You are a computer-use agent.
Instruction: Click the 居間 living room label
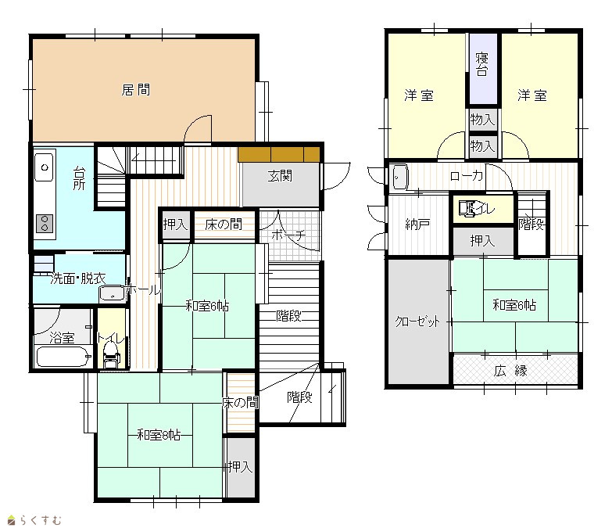pyautogui.click(x=136, y=90)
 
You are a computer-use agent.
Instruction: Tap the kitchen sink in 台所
pyautogui.click(x=44, y=167)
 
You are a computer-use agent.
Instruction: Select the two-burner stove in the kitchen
pyautogui.click(x=44, y=224)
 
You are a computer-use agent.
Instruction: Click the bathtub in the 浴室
pyautogui.click(x=63, y=357)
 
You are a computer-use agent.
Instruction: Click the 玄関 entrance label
pyautogui.click(x=280, y=176)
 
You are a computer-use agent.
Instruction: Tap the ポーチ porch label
pyautogui.click(x=288, y=235)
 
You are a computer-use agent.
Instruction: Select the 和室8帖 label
pyautogui.click(x=159, y=435)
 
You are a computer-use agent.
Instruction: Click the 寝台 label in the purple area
pyautogui.click(x=482, y=64)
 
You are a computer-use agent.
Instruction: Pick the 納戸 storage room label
pyautogui.click(x=417, y=224)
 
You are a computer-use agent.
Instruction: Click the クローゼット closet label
pyautogui.click(x=417, y=321)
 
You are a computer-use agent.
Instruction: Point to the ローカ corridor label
pyautogui.click(x=467, y=176)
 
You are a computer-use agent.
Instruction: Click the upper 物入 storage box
pyautogui.click(x=483, y=120)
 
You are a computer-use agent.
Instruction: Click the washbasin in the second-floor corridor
pyautogui.click(x=400, y=177)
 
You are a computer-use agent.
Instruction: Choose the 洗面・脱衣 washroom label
pyautogui.click(x=78, y=278)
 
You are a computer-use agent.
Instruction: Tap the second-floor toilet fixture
pyautogui.click(x=467, y=208)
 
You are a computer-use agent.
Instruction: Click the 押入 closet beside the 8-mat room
pyautogui.click(x=241, y=467)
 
